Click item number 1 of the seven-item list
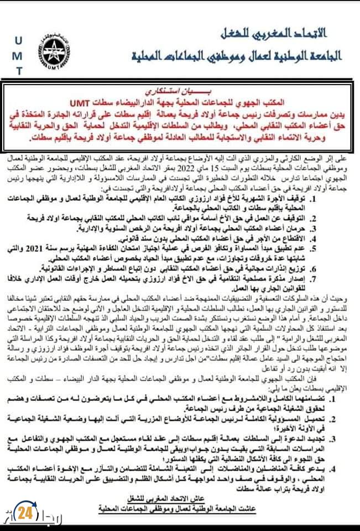point(345,197)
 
